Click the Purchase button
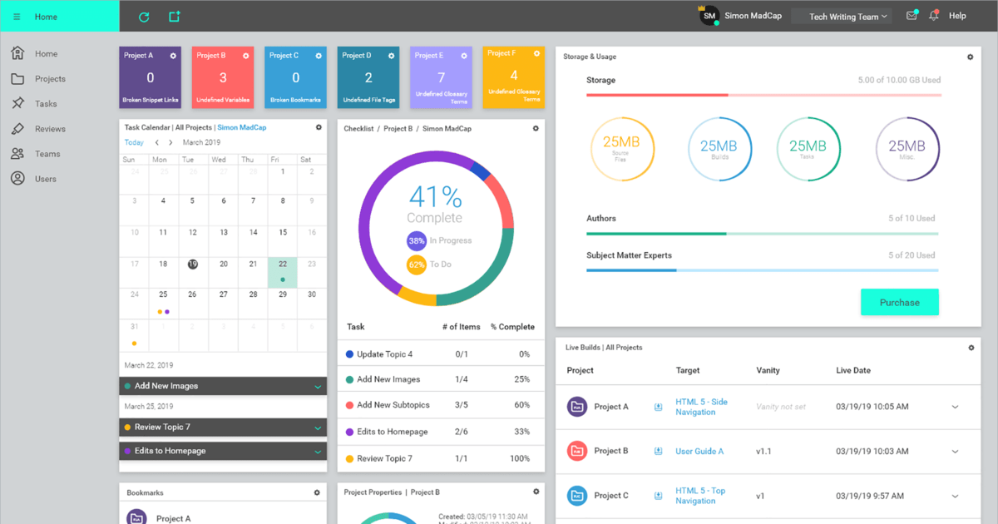click(x=899, y=302)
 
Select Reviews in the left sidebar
click(x=50, y=129)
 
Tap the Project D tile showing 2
click(x=368, y=77)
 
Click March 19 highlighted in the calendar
click(x=192, y=264)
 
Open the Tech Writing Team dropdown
click(x=841, y=17)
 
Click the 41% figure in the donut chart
click(x=435, y=197)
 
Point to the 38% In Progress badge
click(x=417, y=240)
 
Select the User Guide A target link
click(x=699, y=451)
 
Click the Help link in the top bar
click(x=957, y=16)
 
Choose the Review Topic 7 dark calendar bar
click(x=223, y=427)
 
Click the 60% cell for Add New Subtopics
click(x=521, y=405)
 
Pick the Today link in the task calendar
click(x=134, y=142)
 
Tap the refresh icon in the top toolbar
click(x=144, y=17)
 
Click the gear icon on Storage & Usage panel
click(x=970, y=57)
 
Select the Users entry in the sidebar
click(x=45, y=179)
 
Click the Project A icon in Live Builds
click(x=577, y=407)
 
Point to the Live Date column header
click(x=852, y=370)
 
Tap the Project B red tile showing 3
click(x=223, y=77)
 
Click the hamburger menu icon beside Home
click(x=17, y=17)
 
